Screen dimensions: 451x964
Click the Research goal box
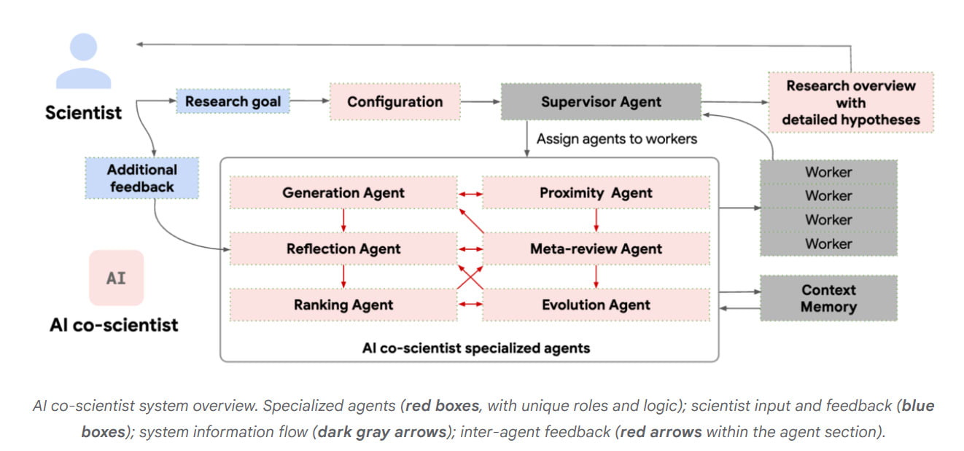pyautogui.click(x=233, y=101)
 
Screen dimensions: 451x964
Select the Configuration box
pyautogui.click(x=394, y=101)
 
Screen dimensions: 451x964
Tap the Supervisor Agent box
pyautogui.click(x=601, y=101)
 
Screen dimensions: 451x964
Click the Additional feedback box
pyautogui.click(x=141, y=178)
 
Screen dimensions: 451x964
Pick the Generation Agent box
pyautogui.click(x=343, y=193)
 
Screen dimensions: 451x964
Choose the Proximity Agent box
pyautogui.click(x=596, y=193)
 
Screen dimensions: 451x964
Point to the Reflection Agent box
pyautogui.click(x=343, y=248)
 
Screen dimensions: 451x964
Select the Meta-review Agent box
pyautogui.click(x=596, y=248)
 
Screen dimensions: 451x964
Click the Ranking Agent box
pyautogui.click(x=343, y=305)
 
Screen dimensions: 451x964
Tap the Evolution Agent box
pyautogui.click(x=596, y=305)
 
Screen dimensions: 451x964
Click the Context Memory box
pyautogui.click(x=828, y=298)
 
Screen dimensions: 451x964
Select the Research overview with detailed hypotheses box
pyautogui.click(x=850, y=102)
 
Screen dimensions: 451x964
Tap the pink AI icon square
pyautogui.click(x=116, y=278)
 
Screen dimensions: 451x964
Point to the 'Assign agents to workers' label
pyautogui.click(x=617, y=138)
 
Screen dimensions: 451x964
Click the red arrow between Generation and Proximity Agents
pyautogui.click(x=470, y=194)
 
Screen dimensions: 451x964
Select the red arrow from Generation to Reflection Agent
pyautogui.click(x=343, y=220)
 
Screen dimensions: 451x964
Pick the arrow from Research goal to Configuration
pyautogui.click(x=310, y=101)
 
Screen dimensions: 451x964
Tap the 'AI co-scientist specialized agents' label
pyautogui.click(x=475, y=348)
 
